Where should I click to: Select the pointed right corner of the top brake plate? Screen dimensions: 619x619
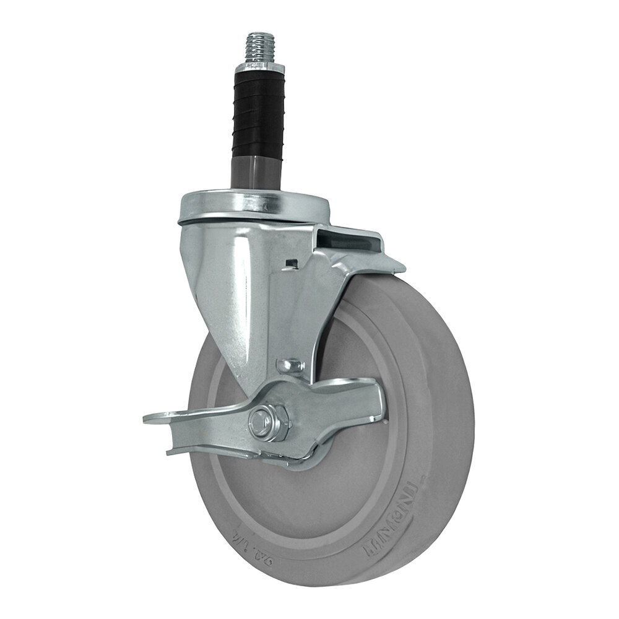402,268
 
